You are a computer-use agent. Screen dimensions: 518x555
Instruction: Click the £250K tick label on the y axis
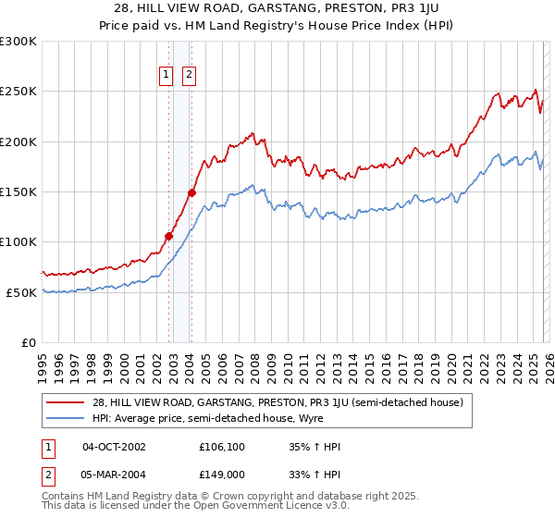19,92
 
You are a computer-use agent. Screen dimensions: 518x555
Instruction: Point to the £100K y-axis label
19,241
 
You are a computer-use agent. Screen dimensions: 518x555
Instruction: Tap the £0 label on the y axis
29,342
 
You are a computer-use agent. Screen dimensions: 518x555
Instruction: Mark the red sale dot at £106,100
169,236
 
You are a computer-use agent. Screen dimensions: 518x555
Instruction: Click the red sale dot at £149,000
191,192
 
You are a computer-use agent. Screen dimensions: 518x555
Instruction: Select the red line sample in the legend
66,402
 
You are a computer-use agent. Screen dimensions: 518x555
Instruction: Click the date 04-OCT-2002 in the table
114,447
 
